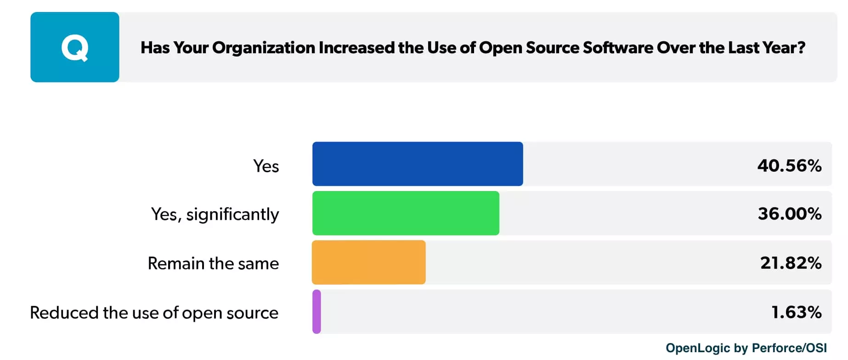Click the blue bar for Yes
coord(417,164)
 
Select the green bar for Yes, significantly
coord(405,213)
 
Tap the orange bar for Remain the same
coord(368,262)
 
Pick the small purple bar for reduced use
coord(317,312)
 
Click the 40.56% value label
coord(789,166)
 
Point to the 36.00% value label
coord(789,214)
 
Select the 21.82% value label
coord(790,263)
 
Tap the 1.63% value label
coord(796,312)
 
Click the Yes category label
coord(266,166)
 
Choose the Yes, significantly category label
coord(215,214)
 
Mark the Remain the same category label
coord(213,264)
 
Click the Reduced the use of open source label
coord(154,313)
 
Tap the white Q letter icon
coord(74,48)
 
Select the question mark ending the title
coord(801,48)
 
